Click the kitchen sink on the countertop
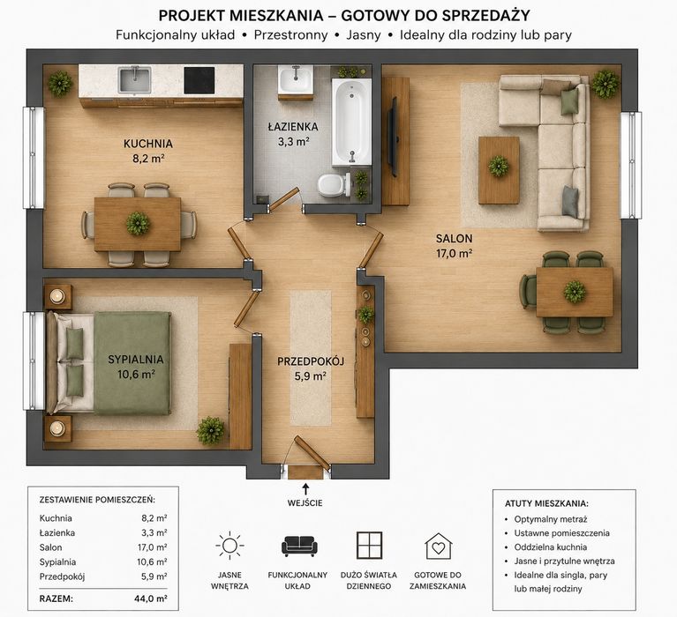(135, 79)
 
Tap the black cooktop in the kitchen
(199, 80)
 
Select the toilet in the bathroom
(335, 184)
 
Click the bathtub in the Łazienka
(351, 123)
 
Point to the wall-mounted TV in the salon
(393, 137)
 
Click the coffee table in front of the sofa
(499, 170)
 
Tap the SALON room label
(454, 239)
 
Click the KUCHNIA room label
(148, 144)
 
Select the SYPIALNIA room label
(136, 359)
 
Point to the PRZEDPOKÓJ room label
(311, 361)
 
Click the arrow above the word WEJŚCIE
(305, 488)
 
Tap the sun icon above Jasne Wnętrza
(229, 546)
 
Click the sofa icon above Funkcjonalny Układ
(299, 546)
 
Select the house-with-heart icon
(438, 546)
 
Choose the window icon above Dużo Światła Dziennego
(369, 546)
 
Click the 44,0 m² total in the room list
(151, 598)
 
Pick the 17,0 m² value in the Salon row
(152, 547)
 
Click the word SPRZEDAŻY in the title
(485, 16)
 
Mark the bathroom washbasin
(296, 80)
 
